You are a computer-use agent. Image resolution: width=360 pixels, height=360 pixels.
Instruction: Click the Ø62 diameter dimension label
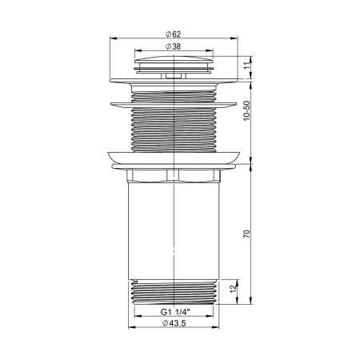tap(173, 34)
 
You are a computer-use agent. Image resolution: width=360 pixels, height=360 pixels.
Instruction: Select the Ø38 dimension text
tap(173, 46)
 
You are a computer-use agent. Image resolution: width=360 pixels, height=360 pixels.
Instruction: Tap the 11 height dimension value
tap(247, 63)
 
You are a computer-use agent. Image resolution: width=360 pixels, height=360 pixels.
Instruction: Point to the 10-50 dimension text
tap(247, 118)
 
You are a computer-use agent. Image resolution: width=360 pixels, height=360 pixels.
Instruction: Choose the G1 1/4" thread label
tap(174, 312)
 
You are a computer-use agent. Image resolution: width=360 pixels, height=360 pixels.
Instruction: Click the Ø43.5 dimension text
tap(174, 323)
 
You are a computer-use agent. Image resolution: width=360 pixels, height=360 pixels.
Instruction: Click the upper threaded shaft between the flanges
tap(174, 128)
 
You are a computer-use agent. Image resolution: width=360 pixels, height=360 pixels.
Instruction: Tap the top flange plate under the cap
tap(174, 79)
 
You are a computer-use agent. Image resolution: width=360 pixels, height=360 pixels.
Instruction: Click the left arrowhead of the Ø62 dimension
tap(110, 38)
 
